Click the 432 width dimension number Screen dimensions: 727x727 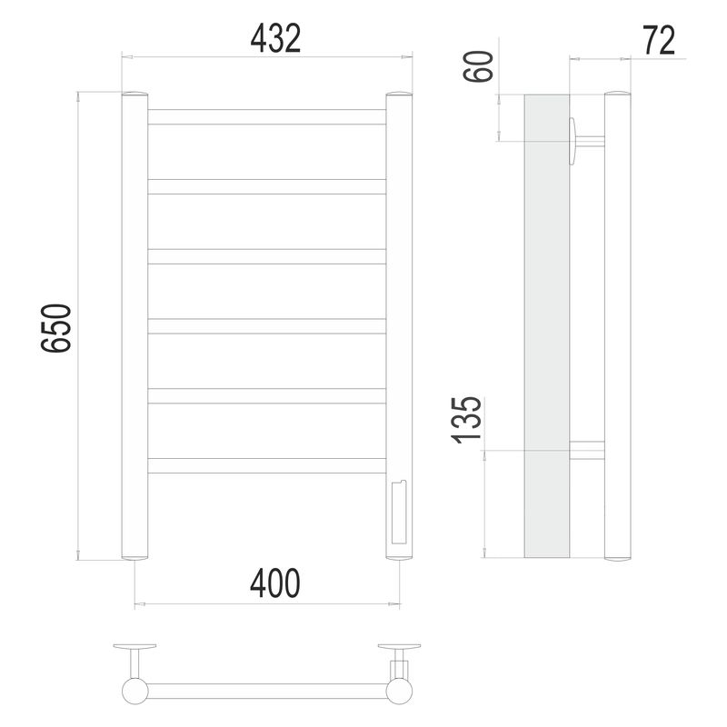[275, 38]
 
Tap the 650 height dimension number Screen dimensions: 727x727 [56, 328]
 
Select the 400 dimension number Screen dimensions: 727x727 [275, 583]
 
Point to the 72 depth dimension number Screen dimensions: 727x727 [659, 41]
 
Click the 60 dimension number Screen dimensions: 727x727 [479, 66]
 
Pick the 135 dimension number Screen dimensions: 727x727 [467, 420]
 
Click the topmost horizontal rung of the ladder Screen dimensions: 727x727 [266, 117]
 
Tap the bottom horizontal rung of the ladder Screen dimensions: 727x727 [266, 466]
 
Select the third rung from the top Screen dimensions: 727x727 [266, 257]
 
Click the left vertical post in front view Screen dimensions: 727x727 [134, 326]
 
